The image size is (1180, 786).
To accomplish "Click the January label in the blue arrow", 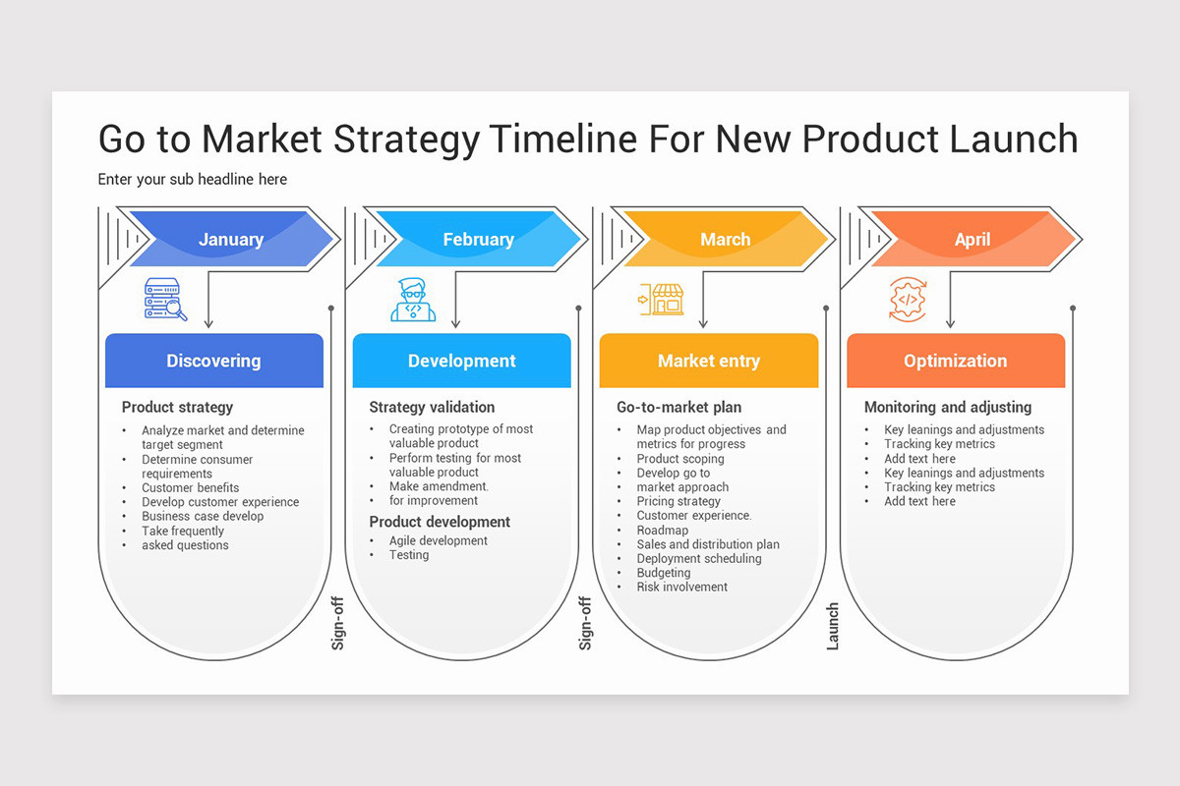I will [230, 240].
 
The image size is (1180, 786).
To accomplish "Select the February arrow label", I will [478, 240].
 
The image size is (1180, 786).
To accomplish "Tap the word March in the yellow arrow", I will [725, 240].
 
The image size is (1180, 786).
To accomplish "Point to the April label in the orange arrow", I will [972, 240].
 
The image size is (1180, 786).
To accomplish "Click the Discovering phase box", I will [213, 361].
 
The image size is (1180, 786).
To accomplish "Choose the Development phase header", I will [461, 361].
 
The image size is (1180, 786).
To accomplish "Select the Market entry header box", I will [708, 361].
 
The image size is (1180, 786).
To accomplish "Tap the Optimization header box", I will [955, 361].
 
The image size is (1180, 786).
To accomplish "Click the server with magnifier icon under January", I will [164, 299].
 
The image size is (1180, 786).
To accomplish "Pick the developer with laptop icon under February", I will [413, 300].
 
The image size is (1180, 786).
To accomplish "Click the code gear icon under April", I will [907, 299].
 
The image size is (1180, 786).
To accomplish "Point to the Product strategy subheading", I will [177, 407].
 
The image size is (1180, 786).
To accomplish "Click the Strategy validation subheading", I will [432, 407].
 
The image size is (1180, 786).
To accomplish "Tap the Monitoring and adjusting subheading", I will [947, 407].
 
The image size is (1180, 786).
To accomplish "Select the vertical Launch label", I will [833, 626].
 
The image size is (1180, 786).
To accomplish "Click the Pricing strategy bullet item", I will [678, 501].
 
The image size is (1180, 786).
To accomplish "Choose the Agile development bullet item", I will [438, 540].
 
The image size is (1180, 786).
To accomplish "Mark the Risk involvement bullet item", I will [681, 587].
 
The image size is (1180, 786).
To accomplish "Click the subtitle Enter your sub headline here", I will [193, 179].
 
